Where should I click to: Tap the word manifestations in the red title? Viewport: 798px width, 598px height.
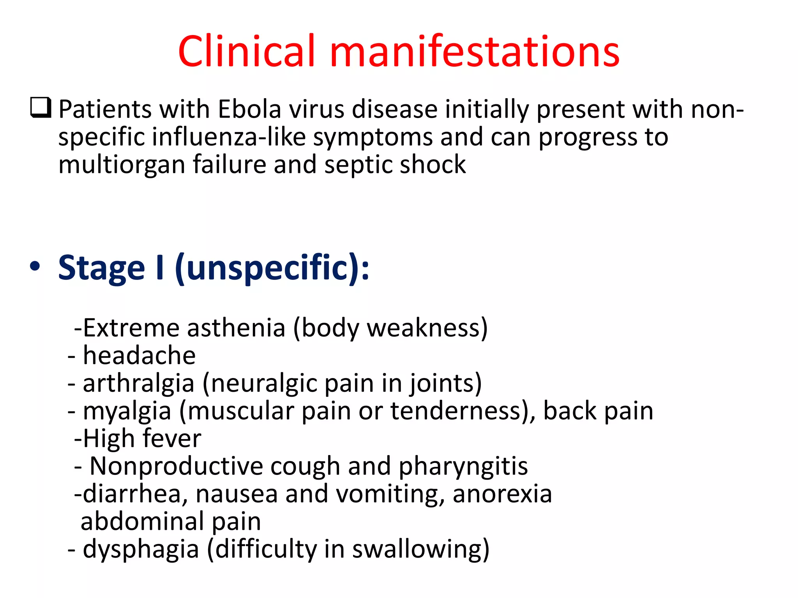pos(474,51)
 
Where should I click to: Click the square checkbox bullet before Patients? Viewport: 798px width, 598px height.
pos(41,108)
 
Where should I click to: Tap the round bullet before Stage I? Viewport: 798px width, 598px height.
pos(35,267)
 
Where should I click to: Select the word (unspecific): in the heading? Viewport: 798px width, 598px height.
pos(272,268)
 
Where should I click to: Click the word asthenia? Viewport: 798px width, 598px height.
pos(236,328)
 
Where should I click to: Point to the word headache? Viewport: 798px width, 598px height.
pos(139,355)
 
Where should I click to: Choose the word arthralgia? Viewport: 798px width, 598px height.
pos(138,383)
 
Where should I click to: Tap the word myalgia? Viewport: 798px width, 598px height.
pos(127,411)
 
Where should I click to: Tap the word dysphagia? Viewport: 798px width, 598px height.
pos(141,549)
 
